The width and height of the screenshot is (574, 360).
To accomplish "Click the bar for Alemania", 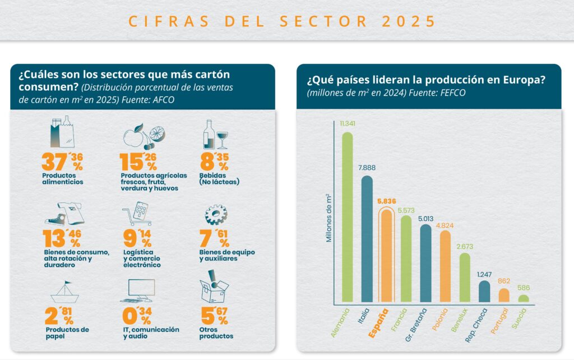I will [348, 219].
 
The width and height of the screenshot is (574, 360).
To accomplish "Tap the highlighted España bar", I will [387, 256].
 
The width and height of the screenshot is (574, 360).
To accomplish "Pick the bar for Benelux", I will [465, 278].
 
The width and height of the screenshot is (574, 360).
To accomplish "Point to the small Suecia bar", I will [523, 299].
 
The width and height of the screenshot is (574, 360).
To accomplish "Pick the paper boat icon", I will [64, 292].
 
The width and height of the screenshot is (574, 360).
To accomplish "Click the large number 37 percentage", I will [55, 161].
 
